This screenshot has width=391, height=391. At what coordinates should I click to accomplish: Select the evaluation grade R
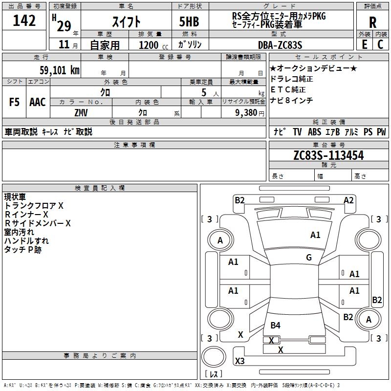pos(372,22)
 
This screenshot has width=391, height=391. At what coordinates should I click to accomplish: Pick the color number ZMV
pos(81,112)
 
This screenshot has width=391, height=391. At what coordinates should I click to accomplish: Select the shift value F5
pos(15,102)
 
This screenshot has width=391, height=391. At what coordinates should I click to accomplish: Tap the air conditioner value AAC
pos(38,102)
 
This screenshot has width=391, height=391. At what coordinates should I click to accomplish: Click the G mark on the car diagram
pos(309,258)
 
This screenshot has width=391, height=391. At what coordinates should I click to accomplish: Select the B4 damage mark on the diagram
pos(276,325)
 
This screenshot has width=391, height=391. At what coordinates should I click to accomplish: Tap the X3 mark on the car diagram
pos(240,361)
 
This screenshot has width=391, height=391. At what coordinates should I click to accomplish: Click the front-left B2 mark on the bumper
pos(239,199)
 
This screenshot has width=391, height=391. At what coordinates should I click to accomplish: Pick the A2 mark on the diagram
pos(348,200)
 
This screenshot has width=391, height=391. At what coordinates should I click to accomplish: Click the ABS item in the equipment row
pos(314,132)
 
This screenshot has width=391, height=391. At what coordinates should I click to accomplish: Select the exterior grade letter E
pos(364,44)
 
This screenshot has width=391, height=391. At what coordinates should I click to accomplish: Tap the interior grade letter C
pos(380,44)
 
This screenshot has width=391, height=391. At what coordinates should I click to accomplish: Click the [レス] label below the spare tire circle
pos(214,374)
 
